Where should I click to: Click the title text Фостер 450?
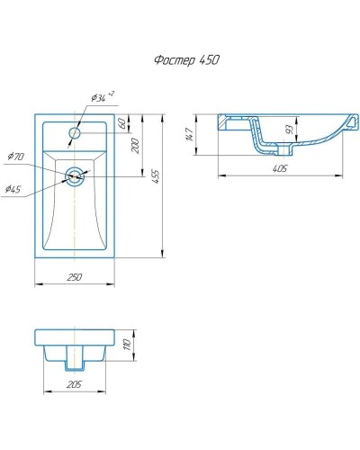tap(186, 60)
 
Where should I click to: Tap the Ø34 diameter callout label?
tap(98, 98)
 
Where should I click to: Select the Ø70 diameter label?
tap(15, 157)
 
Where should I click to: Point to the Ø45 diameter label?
tap(13, 189)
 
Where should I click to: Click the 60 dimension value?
tap(121, 123)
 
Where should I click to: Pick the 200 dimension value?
tap(136, 146)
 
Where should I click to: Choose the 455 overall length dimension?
tap(156, 177)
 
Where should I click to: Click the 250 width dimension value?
tap(74, 277)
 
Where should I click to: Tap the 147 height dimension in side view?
tap(189, 134)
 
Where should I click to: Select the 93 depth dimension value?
tap(289, 130)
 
